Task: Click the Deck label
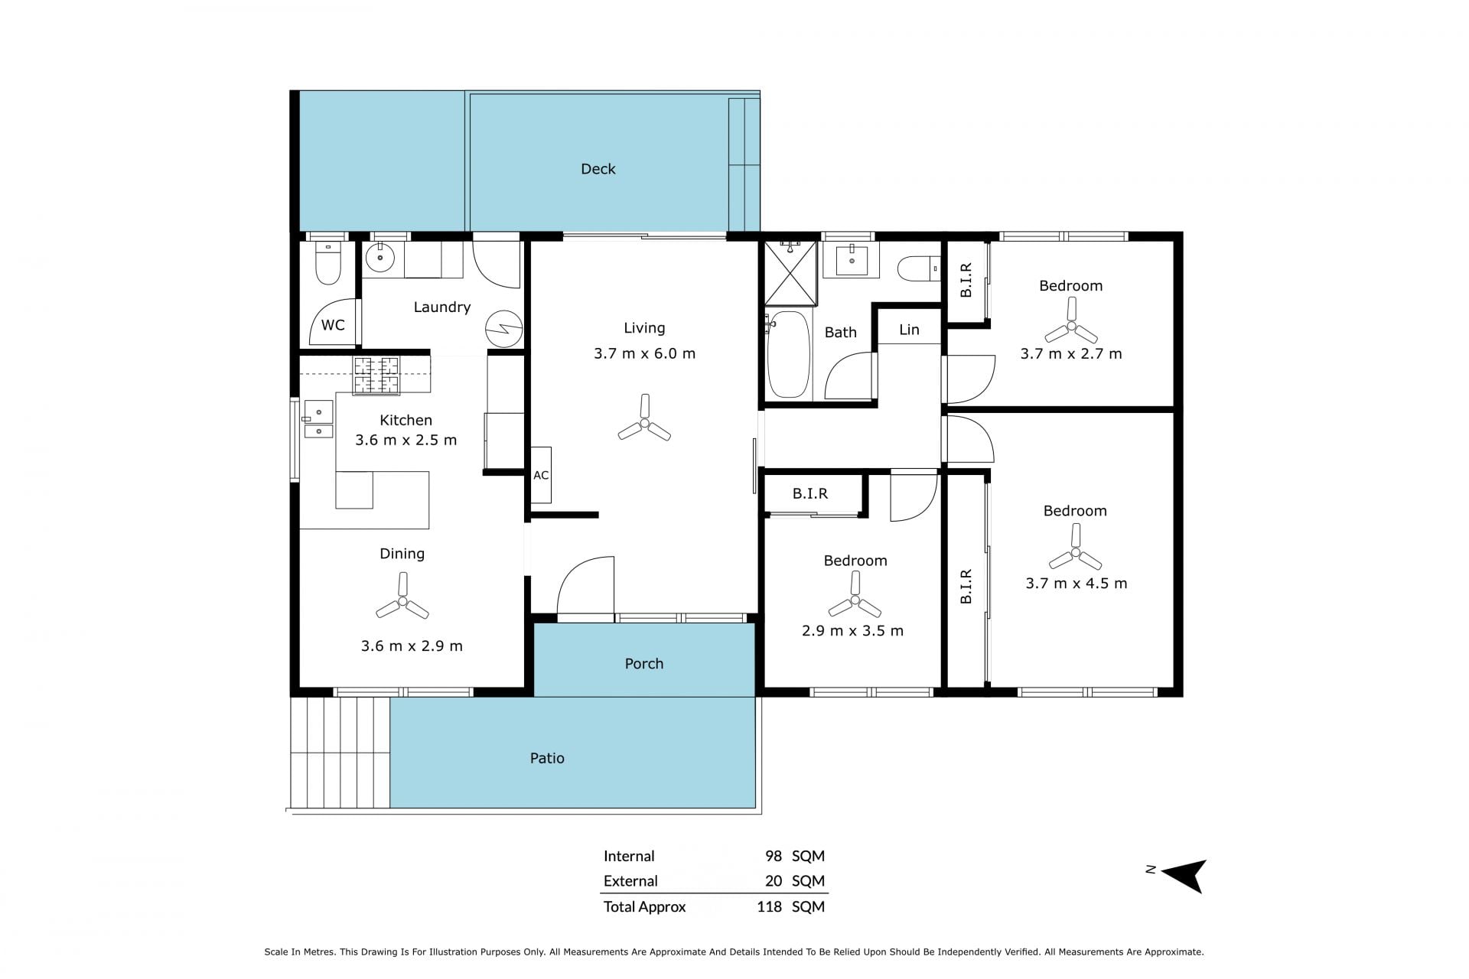(x=598, y=169)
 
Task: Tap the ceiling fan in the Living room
(x=644, y=423)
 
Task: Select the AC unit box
(x=541, y=475)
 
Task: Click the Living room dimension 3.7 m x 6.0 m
(x=644, y=353)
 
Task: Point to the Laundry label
(x=441, y=307)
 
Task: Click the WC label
(x=333, y=325)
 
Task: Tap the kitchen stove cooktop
(x=376, y=376)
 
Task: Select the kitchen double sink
(x=319, y=420)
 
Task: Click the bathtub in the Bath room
(x=788, y=354)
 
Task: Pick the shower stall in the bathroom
(x=791, y=274)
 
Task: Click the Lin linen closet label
(x=909, y=330)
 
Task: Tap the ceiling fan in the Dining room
(x=402, y=601)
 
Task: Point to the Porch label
(x=643, y=664)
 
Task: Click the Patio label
(x=547, y=758)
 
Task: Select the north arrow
(x=1184, y=876)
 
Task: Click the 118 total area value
(x=769, y=907)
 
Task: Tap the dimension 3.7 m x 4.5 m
(x=1076, y=584)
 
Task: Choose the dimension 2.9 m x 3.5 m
(x=852, y=631)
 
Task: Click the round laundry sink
(x=379, y=259)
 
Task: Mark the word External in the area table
(x=630, y=881)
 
